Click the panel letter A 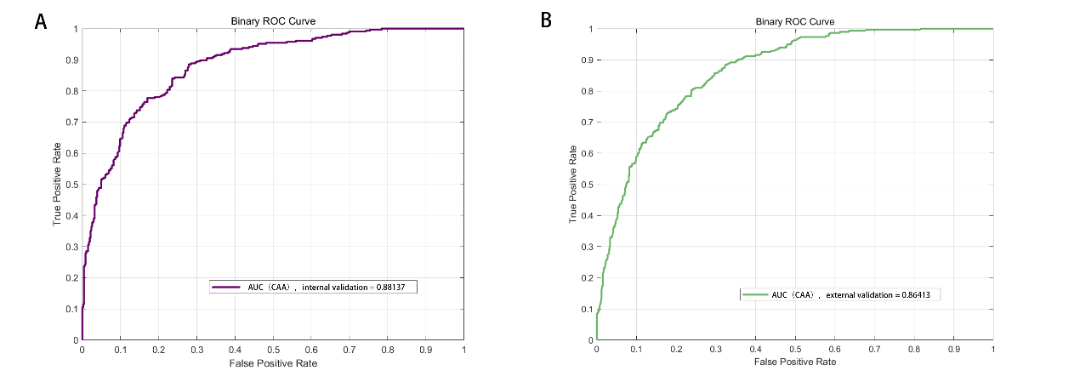click(x=40, y=22)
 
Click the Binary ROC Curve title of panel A click(x=272, y=20)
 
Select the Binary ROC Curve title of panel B click(x=794, y=20)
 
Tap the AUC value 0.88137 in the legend click(x=396, y=288)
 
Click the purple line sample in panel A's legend click(x=225, y=288)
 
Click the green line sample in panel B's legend click(x=754, y=294)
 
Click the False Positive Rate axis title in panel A click(x=272, y=362)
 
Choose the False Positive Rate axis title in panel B click(x=794, y=362)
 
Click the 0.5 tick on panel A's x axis click(x=272, y=349)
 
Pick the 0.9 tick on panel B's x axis click(x=953, y=349)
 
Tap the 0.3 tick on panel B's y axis click(x=587, y=247)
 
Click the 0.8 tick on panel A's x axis click(x=387, y=349)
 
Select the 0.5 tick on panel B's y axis click(x=587, y=185)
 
